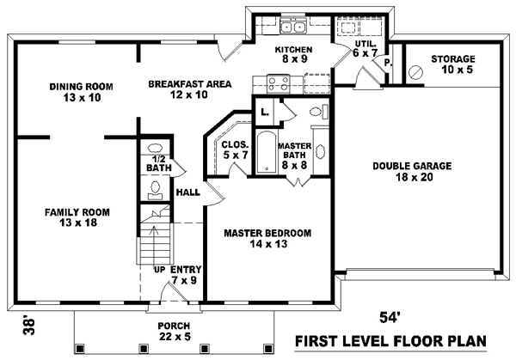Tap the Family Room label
tap(71, 217)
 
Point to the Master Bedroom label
tap(267, 238)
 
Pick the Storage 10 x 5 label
tap(453, 64)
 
